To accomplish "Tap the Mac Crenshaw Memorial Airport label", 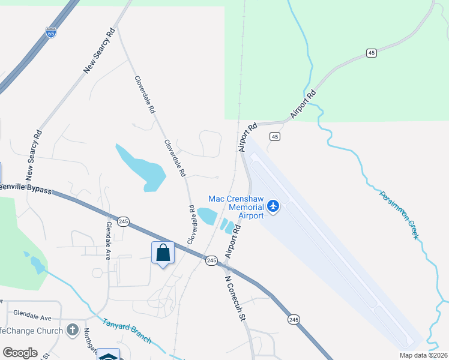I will pyautogui.click(x=236, y=207).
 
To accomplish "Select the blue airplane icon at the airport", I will pyautogui.click(x=274, y=206).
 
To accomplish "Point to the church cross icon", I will pyautogui.click(x=73, y=330).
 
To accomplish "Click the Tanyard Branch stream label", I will pyautogui.click(x=126, y=331).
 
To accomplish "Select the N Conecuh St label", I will pyautogui.click(x=235, y=296).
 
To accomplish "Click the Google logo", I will pyautogui.click(x=20, y=353).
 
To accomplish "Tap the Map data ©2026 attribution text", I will pyautogui.click(x=423, y=355).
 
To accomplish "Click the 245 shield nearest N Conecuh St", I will pyautogui.click(x=211, y=260).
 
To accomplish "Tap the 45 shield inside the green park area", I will pyautogui.click(x=372, y=53).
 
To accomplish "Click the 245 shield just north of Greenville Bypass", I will pyautogui.click(x=123, y=221).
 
